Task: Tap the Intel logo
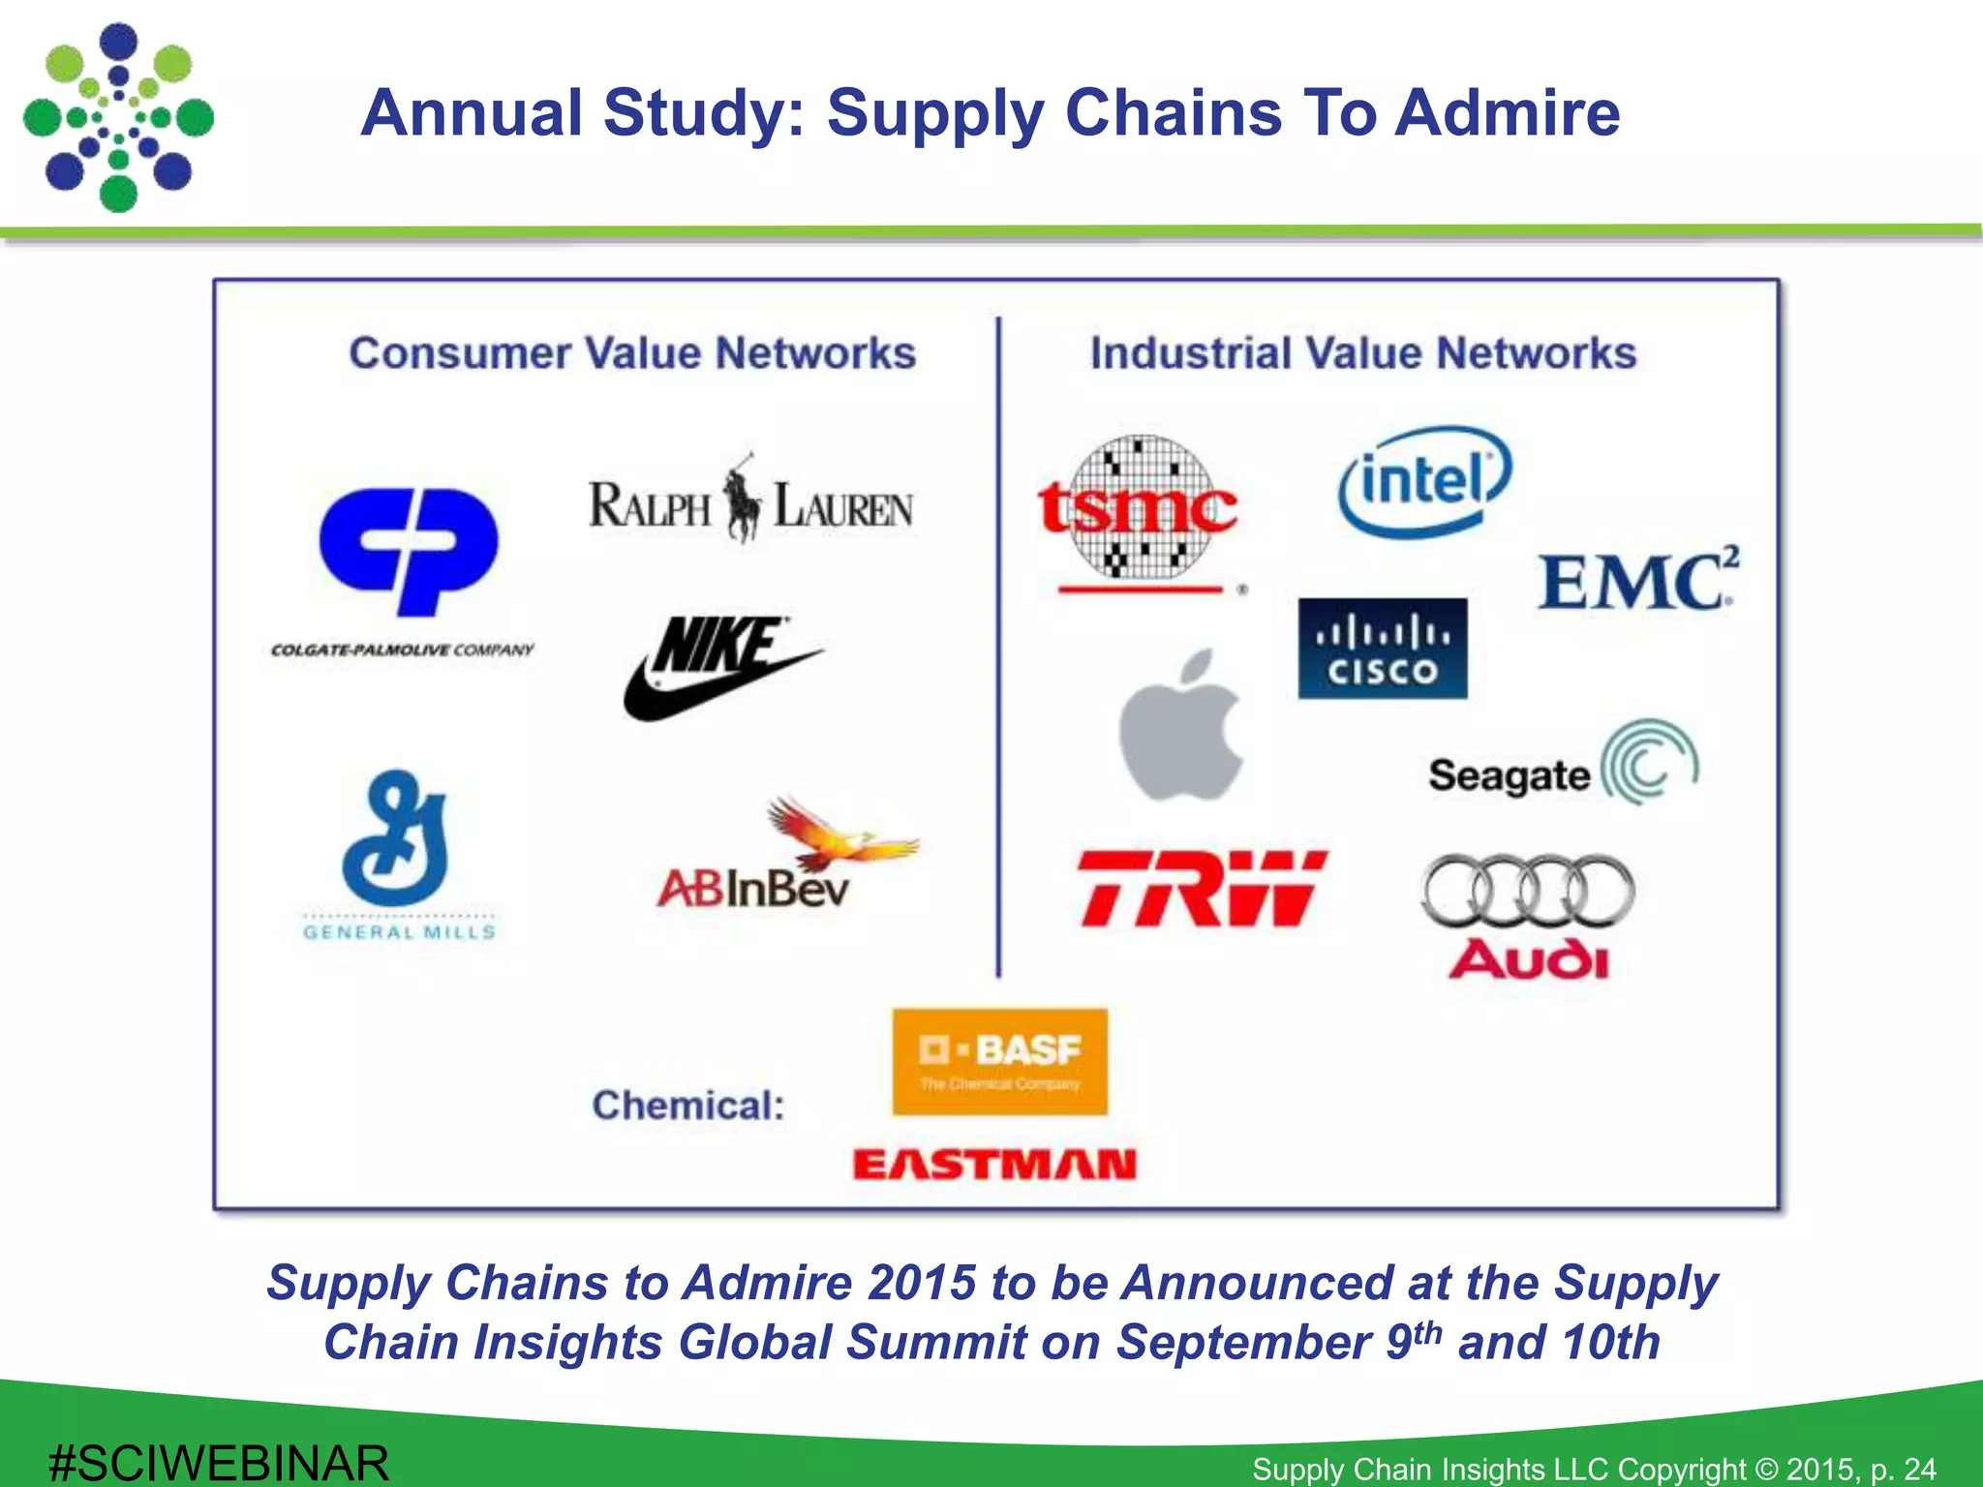coord(1424,482)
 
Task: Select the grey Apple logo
coord(1180,726)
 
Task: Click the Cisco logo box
coord(1382,649)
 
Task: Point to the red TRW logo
coord(1202,889)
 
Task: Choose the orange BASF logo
coord(999,1061)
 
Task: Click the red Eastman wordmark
coord(994,1164)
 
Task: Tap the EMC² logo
coord(1637,581)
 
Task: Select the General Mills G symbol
coord(396,838)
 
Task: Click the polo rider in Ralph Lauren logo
coord(744,499)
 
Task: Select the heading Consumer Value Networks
coord(632,353)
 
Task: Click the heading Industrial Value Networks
coord(1363,353)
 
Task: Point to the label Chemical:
coord(688,1106)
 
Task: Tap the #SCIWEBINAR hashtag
coord(219,1462)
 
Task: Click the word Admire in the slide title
coord(1507,112)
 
